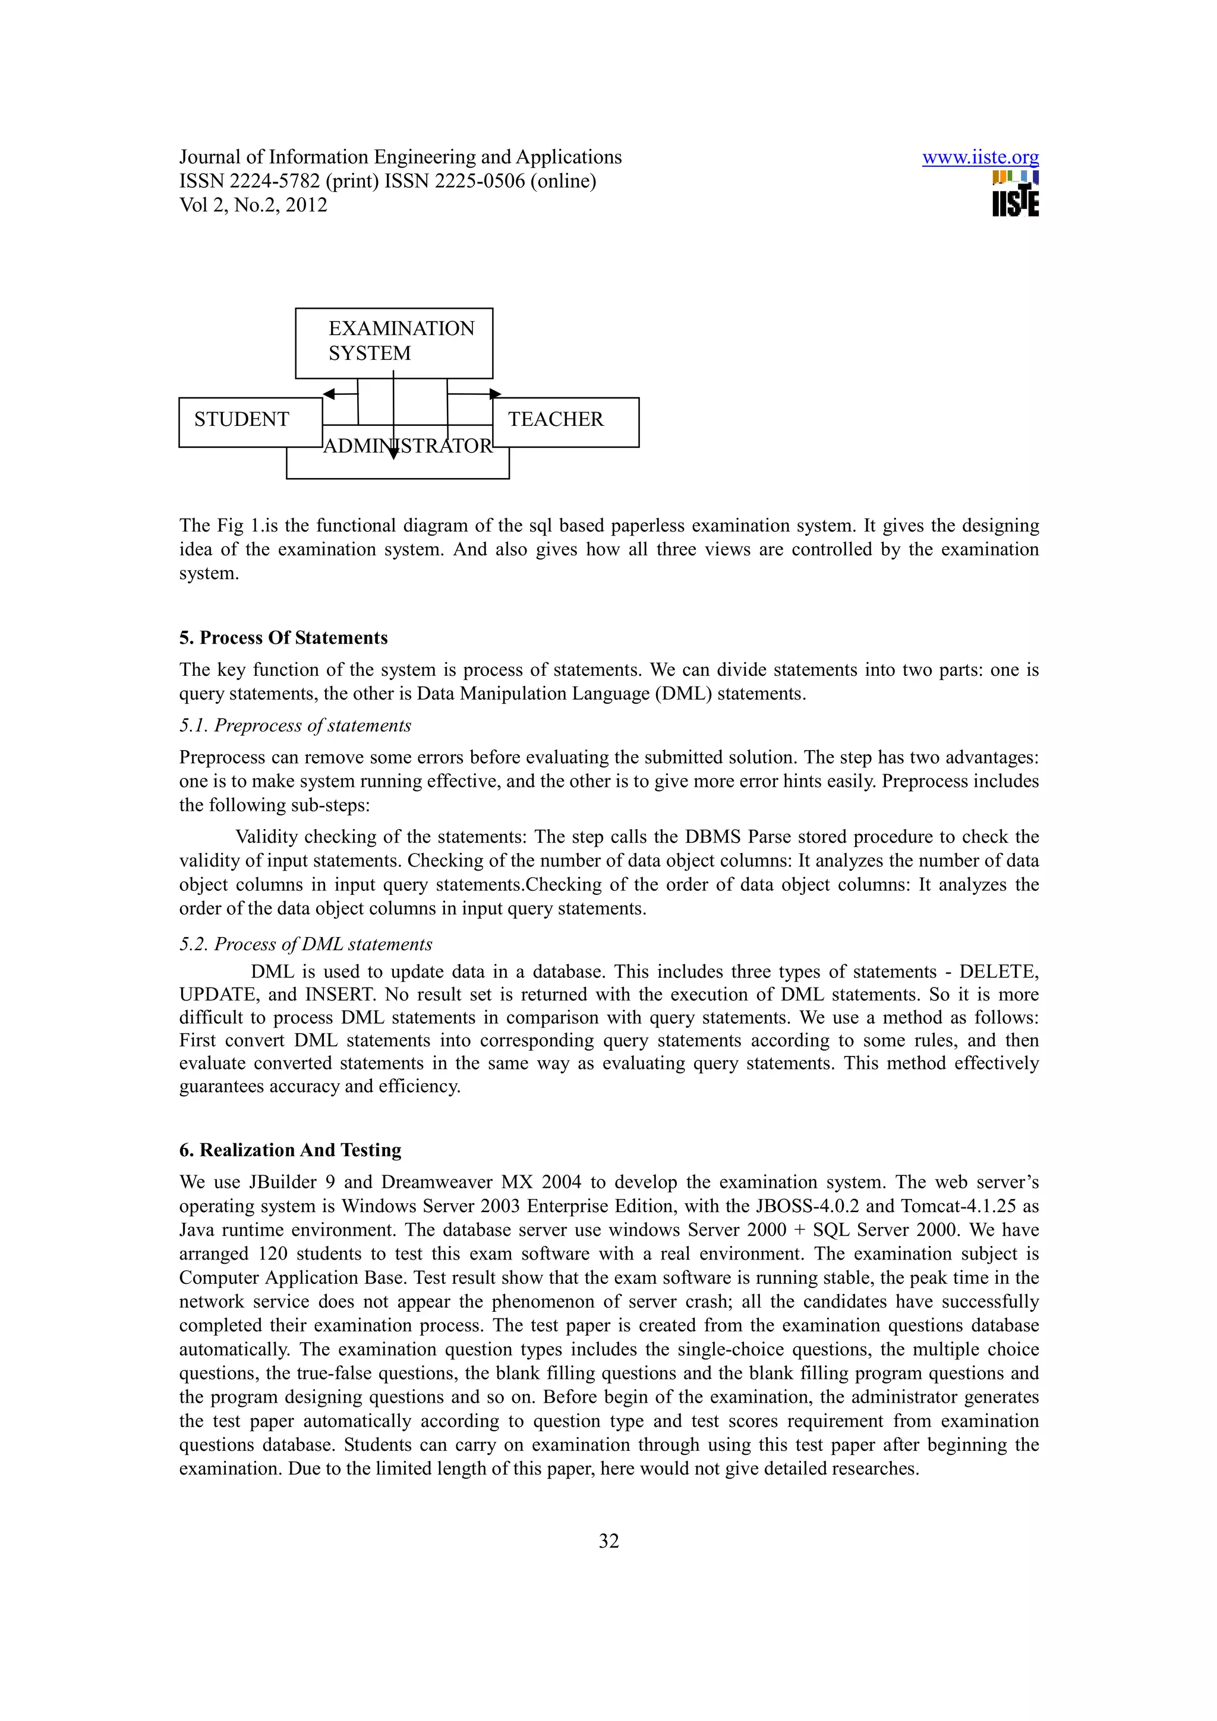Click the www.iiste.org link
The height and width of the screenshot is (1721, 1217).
(x=979, y=157)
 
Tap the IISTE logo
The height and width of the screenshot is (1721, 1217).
(x=1016, y=194)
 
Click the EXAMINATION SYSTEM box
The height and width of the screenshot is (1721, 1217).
(x=393, y=342)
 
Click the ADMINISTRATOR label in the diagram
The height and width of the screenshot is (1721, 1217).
(x=408, y=447)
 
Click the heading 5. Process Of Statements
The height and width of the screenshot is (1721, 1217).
(x=283, y=638)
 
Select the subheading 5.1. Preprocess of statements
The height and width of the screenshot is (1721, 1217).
(x=295, y=726)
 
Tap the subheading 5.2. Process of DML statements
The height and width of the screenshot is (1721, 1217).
(x=305, y=944)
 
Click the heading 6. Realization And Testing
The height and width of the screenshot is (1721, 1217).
(x=290, y=1150)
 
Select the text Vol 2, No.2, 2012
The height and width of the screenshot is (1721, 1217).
(x=253, y=205)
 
